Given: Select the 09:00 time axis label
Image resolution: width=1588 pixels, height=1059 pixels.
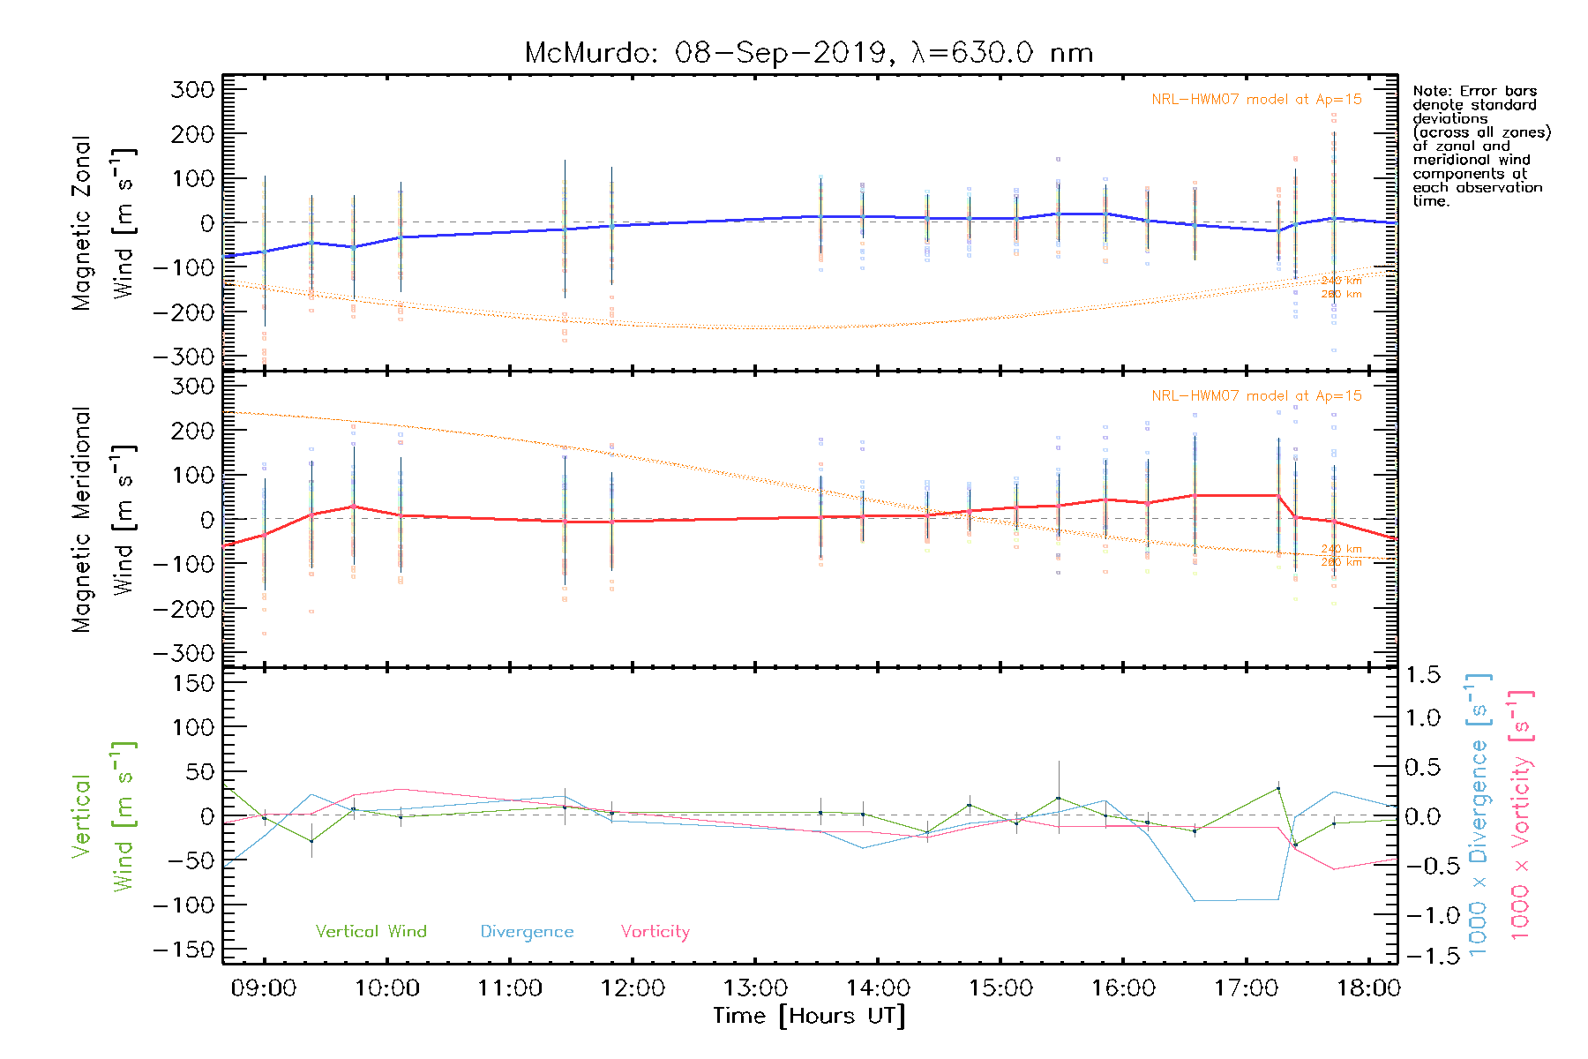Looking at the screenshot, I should click(x=264, y=988).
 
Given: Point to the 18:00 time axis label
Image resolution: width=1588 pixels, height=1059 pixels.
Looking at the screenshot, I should click(x=1368, y=988).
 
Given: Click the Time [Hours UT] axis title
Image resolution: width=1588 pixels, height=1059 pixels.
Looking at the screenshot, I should click(x=809, y=1017).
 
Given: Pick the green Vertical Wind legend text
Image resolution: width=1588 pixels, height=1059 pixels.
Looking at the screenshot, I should click(x=371, y=932).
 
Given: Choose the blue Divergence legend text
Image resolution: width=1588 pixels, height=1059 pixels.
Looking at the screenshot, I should click(x=527, y=932).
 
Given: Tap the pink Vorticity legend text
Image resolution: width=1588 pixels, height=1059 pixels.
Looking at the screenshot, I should click(x=655, y=932).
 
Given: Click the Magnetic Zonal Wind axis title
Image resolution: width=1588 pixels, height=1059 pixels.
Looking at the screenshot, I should click(x=103, y=223).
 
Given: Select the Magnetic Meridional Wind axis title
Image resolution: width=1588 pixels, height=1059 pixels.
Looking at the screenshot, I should click(x=103, y=520).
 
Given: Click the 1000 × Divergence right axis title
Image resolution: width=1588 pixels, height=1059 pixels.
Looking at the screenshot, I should click(x=1479, y=814).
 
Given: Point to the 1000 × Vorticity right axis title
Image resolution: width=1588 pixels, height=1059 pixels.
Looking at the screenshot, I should click(x=1520, y=814).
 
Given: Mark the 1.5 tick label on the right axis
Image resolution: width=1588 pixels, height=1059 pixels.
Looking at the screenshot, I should click(x=1422, y=675).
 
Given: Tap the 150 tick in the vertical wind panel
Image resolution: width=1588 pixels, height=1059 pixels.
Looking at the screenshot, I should click(x=193, y=683).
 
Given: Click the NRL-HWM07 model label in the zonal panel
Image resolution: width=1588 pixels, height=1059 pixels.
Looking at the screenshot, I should click(x=1256, y=100).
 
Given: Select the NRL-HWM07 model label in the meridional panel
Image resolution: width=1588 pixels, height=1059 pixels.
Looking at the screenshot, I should click(x=1256, y=396).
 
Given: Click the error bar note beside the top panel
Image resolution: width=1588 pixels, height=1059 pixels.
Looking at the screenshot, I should click(x=1480, y=146).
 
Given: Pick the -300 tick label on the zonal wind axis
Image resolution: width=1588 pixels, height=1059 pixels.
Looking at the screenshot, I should click(x=184, y=357).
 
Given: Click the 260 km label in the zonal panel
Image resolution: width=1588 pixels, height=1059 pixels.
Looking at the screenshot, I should click(x=1341, y=294).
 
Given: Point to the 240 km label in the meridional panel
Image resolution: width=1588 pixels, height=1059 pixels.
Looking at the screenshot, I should click(x=1341, y=549).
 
